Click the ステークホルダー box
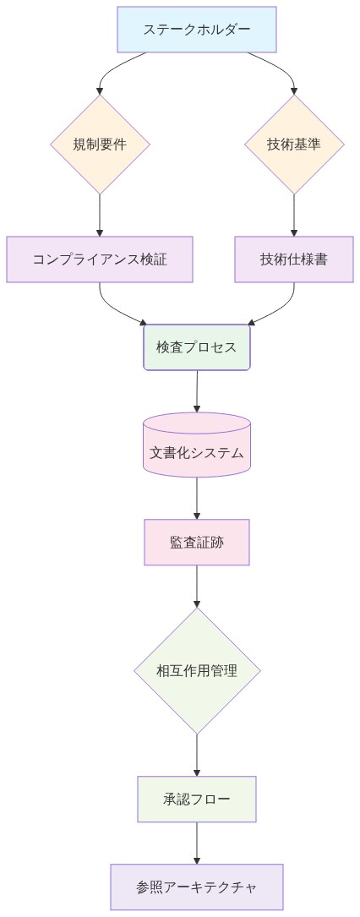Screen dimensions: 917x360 (197, 30)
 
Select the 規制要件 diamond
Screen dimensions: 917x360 (100, 144)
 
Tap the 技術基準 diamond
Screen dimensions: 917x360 (294, 144)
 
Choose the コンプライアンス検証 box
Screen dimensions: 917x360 (100, 259)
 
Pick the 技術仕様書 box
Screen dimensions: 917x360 (294, 259)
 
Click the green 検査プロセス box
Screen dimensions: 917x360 (197, 347)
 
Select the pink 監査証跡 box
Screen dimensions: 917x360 (197, 542)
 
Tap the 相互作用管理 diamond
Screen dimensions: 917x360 (197, 671)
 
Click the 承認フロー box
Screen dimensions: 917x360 (197, 799)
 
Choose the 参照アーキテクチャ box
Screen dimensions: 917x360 (197, 887)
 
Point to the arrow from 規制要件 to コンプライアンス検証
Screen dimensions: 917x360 (100, 215)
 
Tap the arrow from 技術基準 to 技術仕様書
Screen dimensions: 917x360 (294, 215)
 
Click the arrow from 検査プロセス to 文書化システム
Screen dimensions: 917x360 (197, 390)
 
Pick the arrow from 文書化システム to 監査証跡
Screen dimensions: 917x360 (197, 499)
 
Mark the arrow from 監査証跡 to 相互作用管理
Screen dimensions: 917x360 (197, 587)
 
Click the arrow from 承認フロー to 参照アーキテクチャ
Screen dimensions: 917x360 (197, 843)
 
